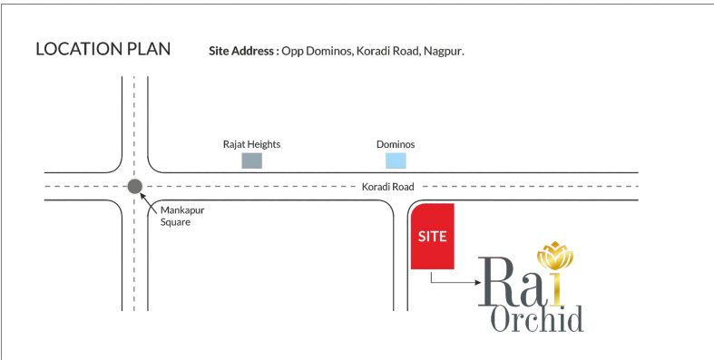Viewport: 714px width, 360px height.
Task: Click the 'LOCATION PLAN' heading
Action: click(x=103, y=49)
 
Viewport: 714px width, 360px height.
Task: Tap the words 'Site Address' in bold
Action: click(x=242, y=52)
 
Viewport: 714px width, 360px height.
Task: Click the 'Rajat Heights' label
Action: click(x=251, y=144)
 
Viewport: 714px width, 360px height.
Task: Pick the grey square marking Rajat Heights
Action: click(x=251, y=161)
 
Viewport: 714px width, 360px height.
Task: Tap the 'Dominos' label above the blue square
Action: click(x=396, y=144)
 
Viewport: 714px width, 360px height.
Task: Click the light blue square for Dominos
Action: click(x=396, y=161)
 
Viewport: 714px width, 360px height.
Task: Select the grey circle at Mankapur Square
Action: click(x=135, y=187)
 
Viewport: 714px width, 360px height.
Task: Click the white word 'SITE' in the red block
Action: click(x=433, y=236)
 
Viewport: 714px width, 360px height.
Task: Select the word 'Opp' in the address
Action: click(x=292, y=53)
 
